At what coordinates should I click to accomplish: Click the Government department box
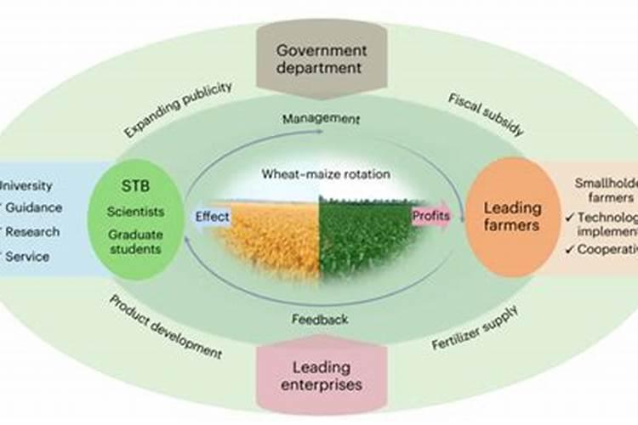(320, 59)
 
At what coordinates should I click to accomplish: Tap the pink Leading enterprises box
(320, 376)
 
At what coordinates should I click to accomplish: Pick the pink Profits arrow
(432, 216)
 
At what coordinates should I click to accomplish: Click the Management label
(320, 119)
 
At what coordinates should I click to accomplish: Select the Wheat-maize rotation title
(326, 174)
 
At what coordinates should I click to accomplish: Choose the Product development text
(166, 327)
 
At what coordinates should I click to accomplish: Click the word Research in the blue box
(33, 231)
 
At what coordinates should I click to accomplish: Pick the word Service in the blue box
(29, 255)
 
